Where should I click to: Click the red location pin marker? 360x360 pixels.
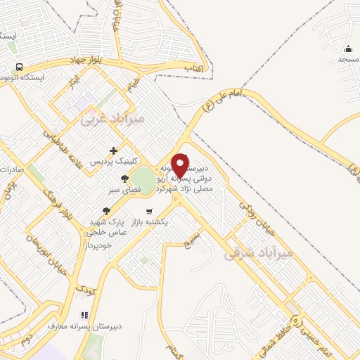coord(180,165)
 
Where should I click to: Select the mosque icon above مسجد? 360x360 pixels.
coord(348,49)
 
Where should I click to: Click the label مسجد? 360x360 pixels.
coord(348,59)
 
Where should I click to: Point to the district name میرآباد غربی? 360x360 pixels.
coord(112,119)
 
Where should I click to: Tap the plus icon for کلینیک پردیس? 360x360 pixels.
coord(113,150)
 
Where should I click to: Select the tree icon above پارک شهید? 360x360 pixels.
coord(106,210)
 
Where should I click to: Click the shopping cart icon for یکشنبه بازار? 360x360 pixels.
coord(149,211)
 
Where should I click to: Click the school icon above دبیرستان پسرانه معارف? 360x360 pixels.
coord(84,315)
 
